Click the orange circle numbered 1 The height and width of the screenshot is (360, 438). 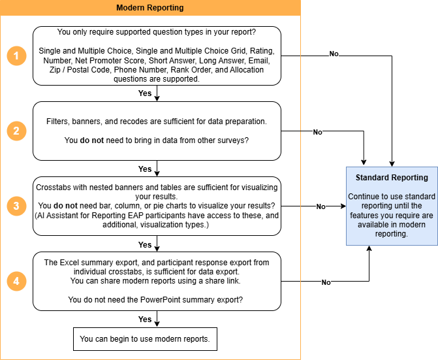coord(16,56)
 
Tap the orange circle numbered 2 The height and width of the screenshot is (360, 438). coord(16,131)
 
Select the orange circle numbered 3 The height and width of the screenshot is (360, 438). coord(16,206)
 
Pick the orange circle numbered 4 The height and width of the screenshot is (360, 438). coord(16,281)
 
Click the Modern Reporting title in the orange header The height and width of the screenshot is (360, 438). coord(150,8)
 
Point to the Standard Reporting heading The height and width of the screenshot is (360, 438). coord(392,178)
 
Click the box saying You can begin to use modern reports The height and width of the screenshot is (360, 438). coord(145,339)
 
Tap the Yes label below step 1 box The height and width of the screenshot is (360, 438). coord(145,93)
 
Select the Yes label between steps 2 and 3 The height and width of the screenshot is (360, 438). coord(145,169)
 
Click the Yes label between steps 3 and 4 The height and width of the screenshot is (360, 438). coord(145,244)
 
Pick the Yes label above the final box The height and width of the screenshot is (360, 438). coord(145,319)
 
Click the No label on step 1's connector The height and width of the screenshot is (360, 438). coord(334,54)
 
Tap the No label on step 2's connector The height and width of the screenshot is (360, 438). coord(317,132)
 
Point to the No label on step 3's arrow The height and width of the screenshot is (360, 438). coord(321,206)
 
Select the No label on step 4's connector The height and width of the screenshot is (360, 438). coord(326,282)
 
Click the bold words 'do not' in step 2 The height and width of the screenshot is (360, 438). coord(91,140)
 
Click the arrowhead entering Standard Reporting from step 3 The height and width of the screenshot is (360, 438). coord(343,206)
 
